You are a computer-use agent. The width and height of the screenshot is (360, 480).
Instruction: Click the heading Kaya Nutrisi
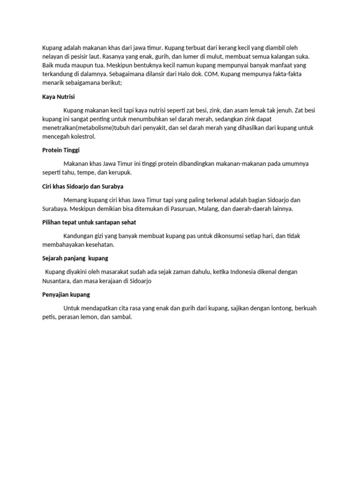pos(59,97)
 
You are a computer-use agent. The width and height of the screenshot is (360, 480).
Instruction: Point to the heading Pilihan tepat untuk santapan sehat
pos(89,222)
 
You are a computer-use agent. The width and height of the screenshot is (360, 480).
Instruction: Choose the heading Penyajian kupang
pos(66,294)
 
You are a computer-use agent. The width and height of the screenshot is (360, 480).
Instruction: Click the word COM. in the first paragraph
pos(211,73)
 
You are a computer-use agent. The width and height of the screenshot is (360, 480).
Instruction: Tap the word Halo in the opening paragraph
pos(178,73)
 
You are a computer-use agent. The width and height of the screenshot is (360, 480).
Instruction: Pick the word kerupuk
pos(120,172)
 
